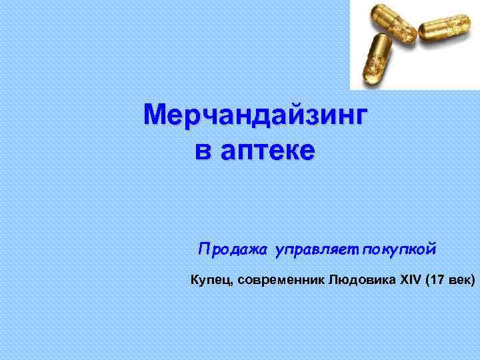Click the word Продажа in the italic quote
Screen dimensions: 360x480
coord(233,250)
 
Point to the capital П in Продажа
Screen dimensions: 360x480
coord(203,250)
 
